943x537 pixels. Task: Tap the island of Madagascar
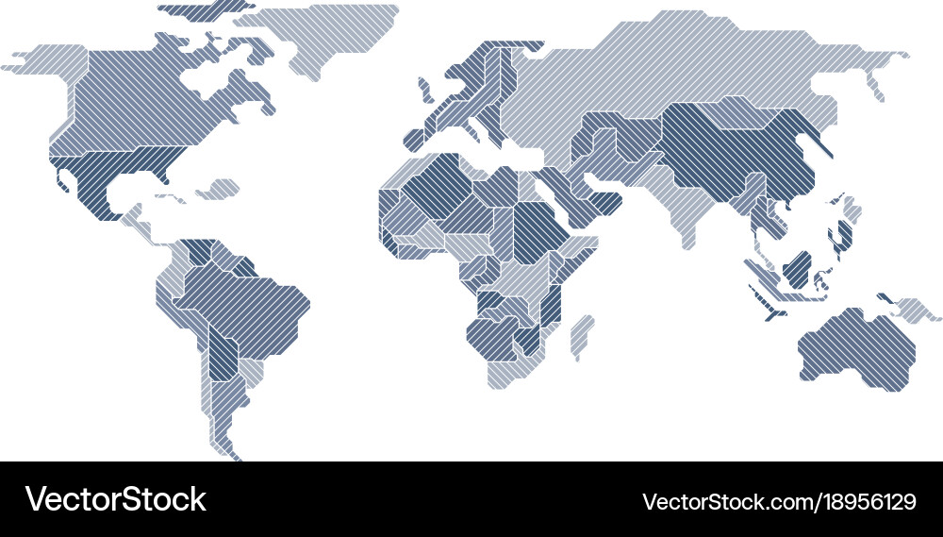click(582, 334)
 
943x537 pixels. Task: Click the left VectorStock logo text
click(115, 499)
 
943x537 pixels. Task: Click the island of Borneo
click(797, 268)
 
